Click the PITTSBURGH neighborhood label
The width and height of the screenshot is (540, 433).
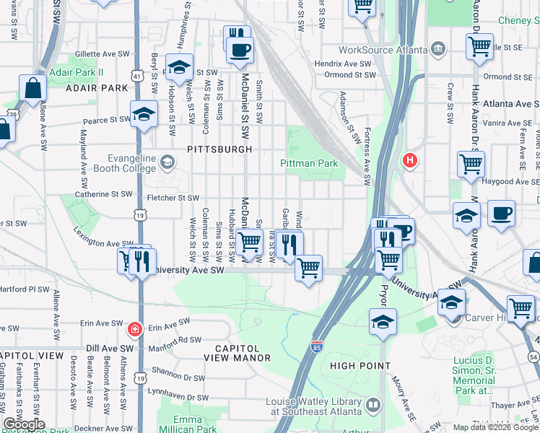[x=219, y=149]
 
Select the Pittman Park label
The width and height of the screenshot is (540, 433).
[x=309, y=163]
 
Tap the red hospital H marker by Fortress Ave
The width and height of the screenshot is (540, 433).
[x=410, y=159]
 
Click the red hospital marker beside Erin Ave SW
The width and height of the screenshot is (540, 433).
[x=134, y=330]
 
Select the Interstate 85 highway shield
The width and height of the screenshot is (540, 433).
[x=317, y=348]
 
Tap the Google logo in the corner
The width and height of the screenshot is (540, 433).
[x=24, y=424]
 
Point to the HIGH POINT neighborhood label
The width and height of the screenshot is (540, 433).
[x=354, y=366]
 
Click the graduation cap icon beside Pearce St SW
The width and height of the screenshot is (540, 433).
[x=144, y=113]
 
